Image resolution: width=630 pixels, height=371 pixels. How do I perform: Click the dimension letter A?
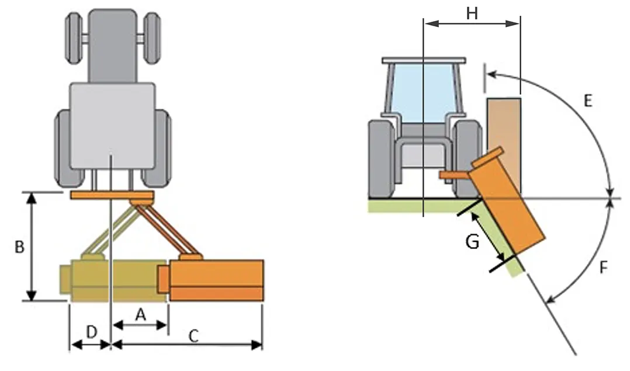point(140,314)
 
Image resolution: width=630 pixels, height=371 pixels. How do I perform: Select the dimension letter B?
point(19,247)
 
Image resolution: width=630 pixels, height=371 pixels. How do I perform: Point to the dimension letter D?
point(92,332)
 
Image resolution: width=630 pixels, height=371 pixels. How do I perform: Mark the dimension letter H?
point(472,13)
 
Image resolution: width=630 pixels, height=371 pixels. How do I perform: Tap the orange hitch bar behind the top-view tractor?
point(111,195)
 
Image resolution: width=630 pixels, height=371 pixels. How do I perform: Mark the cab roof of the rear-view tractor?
point(424,60)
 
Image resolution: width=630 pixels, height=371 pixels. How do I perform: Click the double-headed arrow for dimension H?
point(472,24)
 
